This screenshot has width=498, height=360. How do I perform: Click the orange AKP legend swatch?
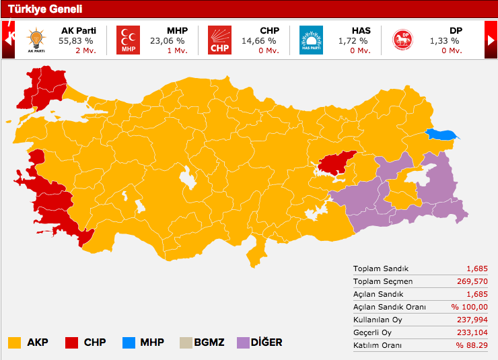pyautogui.click(x=15, y=343)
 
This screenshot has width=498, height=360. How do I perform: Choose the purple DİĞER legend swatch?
pyautogui.click(x=243, y=343)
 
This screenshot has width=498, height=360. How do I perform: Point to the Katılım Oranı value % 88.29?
pyautogui.click(x=469, y=345)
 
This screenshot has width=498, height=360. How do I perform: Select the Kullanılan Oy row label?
pyautogui.click(x=378, y=320)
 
